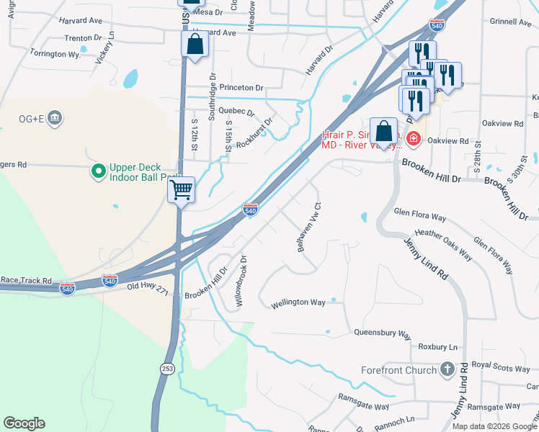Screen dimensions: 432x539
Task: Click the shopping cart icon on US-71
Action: pyautogui.click(x=182, y=190)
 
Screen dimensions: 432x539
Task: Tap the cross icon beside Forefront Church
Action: pyautogui.click(x=447, y=370)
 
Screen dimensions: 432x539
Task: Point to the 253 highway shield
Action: pyautogui.click(x=167, y=368)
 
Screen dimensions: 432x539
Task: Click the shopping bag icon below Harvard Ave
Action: pyautogui.click(x=195, y=45)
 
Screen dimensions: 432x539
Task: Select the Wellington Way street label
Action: pyautogui.click(x=298, y=303)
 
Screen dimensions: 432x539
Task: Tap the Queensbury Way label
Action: pyautogui.click(x=382, y=334)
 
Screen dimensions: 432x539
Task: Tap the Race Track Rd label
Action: pyautogui.click(x=27, y=280)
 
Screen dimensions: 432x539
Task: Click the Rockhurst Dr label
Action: pyautogui.click(x=254, y=132)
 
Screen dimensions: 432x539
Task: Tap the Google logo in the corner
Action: pyautogui.click(x=24, y=423)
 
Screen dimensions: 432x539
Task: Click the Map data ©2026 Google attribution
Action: pyautogui.click(x=494, y=426)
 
